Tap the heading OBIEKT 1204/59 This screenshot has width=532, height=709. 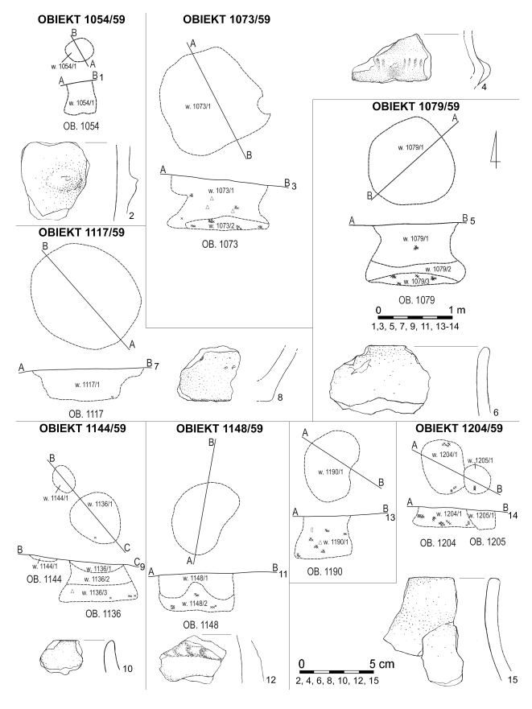(x=461, y=428)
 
